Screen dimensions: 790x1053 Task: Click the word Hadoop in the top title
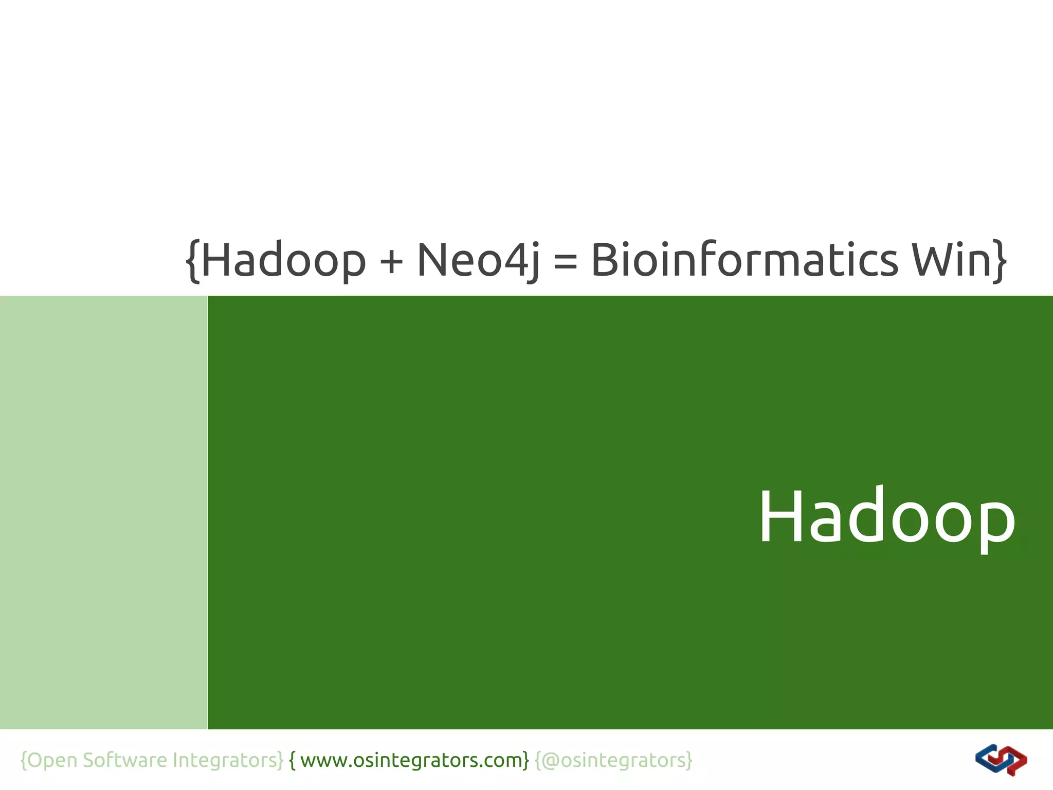[x=283, y=261]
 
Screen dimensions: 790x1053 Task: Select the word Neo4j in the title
[x=478, y=261]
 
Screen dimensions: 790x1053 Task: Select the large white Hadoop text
[x=887, y=517]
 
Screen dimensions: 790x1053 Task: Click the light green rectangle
[x=103, y=512]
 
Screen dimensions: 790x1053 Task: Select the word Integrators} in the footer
[x=228, y=760]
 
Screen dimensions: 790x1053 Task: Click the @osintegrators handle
[x=614, y=760]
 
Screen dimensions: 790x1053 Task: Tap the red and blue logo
[x=1001, y=760]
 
